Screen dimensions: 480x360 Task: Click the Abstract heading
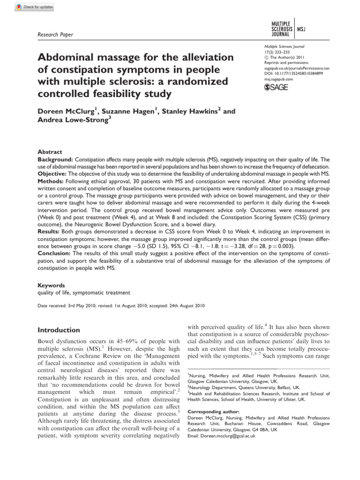[x=50, y=152]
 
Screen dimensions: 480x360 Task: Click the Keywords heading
[x=51, y=285]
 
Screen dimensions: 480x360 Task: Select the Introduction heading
[x=59, y=330]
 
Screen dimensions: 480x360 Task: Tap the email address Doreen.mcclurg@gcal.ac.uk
[x=221, y=435]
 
